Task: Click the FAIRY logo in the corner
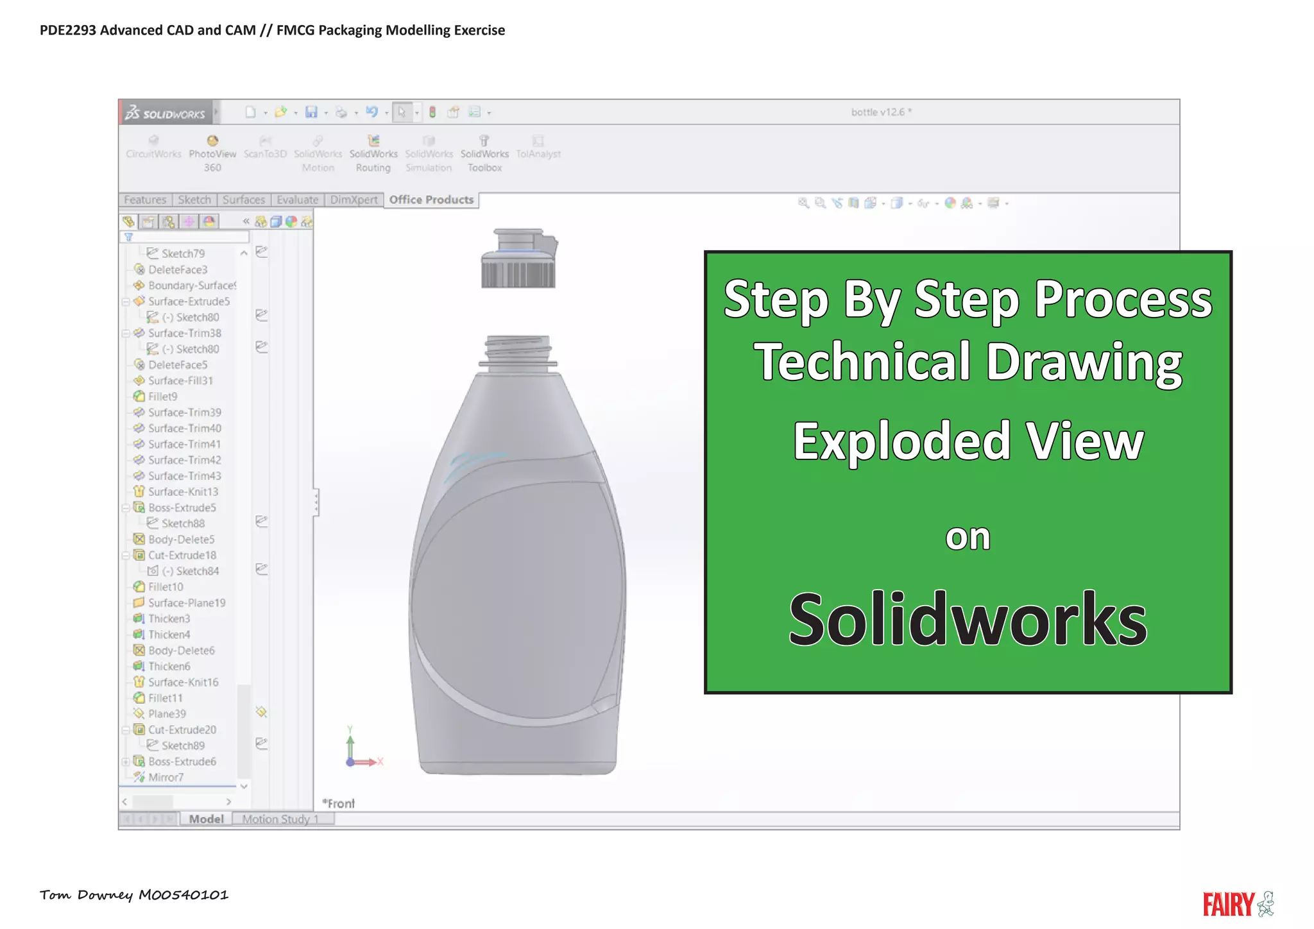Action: pos(1238,903)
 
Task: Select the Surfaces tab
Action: pos(244,200)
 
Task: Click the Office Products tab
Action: pos(431,200)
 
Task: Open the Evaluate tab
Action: pos(297,200)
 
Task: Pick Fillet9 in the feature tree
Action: pos(162,396)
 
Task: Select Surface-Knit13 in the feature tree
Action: pos(183,492)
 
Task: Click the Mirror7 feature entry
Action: pos(166,778)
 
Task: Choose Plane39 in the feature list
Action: pos(167,714)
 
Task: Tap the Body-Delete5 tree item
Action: pos(181,540)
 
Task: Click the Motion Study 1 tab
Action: pos(280,819)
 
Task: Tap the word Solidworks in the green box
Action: pos(968,619)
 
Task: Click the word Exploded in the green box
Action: pos(902,441)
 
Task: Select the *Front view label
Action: pos(339,803)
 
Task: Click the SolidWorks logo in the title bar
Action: pos(166,113)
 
